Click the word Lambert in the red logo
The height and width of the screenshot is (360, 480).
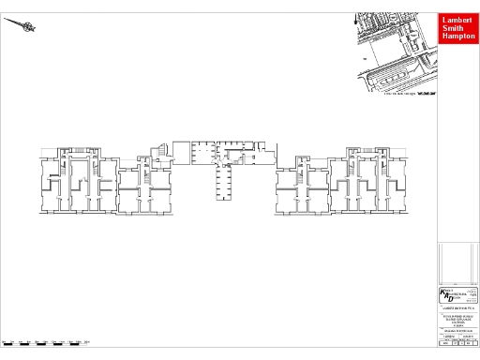pos(457,19)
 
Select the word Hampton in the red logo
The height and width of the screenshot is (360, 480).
pos(457,37)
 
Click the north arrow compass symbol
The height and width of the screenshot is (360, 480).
pos(22,25)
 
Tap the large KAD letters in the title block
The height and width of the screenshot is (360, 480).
pos(446,296)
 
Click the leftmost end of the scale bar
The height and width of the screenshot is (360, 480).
pos(3,341)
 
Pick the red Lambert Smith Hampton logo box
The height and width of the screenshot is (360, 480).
pos(457,28)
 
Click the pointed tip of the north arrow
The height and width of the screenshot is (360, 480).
pos(5,18)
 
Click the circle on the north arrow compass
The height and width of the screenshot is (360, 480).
pos(28,27)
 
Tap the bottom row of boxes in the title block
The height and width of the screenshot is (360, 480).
pos(457,344)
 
